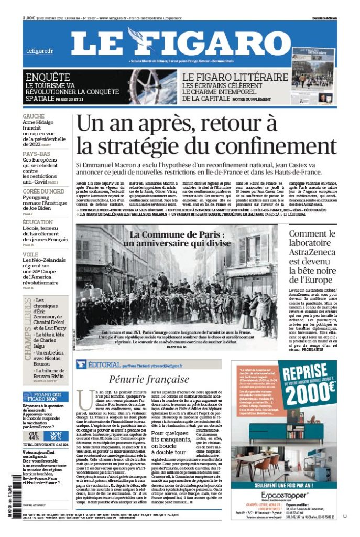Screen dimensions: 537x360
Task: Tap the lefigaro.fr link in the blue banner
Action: point(40,51)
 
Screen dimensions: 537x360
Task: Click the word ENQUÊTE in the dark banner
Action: point(48,77)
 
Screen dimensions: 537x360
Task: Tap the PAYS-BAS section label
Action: point(37,154)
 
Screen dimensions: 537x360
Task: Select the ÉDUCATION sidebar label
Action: point(38,222)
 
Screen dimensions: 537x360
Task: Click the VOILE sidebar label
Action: point(30,254)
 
